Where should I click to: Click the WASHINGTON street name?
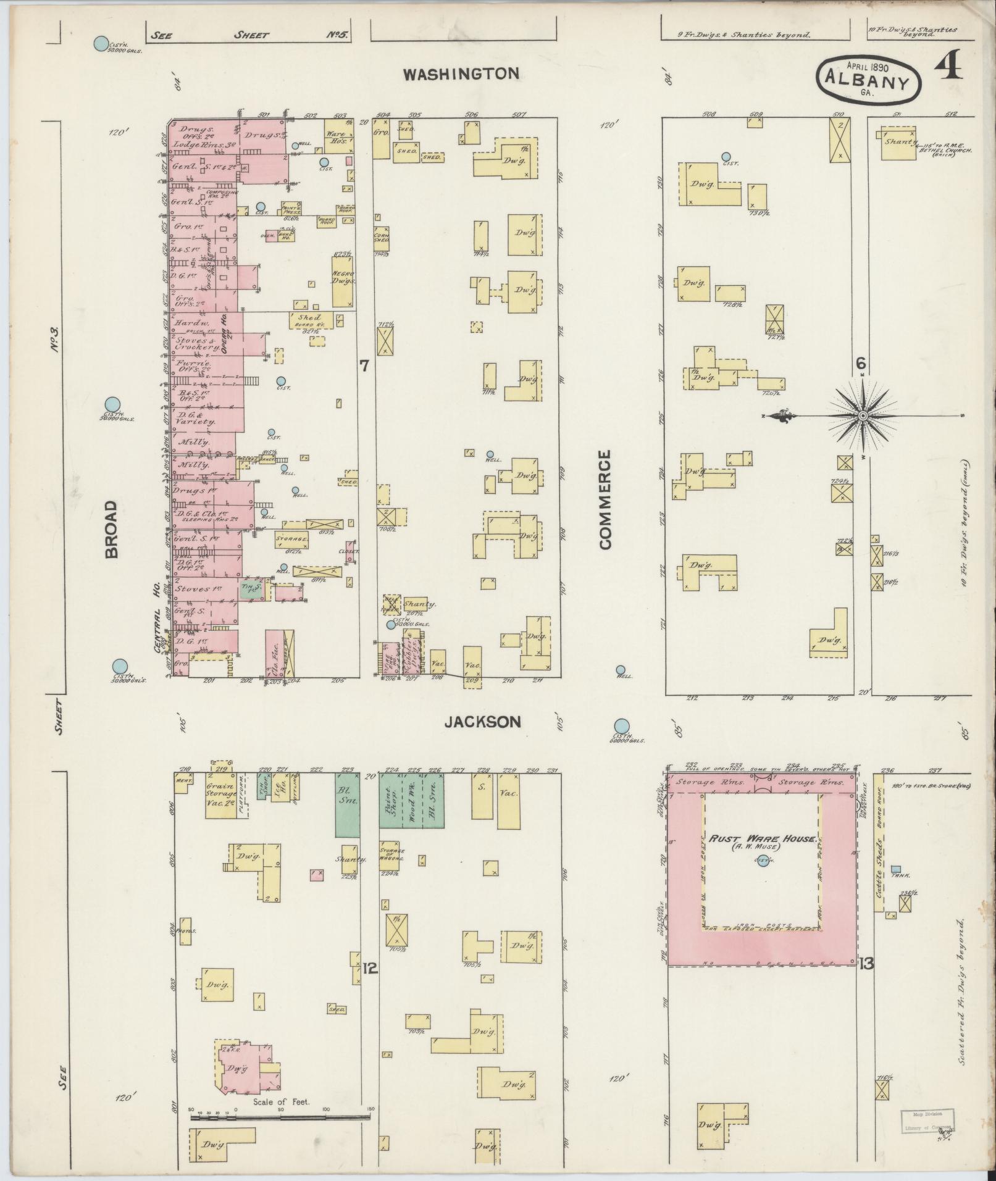coord(461,74)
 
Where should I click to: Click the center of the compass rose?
coord(861,416)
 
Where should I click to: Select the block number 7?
coord(364,366)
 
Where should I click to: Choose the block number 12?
coord(370,969)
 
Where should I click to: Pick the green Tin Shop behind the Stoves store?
coord(251,590)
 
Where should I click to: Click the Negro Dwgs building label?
coord(342,278)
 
